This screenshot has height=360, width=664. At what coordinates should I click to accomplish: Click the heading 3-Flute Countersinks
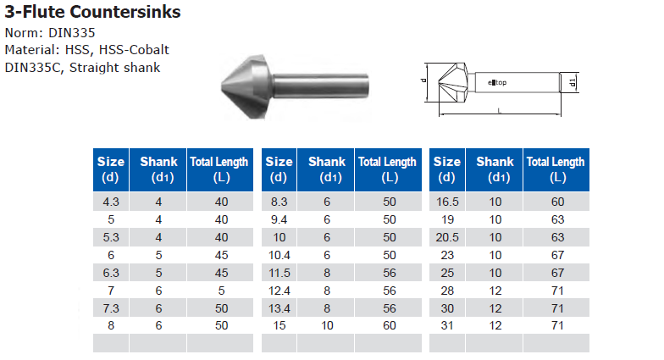[x=92, y=12]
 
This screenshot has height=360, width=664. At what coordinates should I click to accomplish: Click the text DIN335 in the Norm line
[x=72, y=33]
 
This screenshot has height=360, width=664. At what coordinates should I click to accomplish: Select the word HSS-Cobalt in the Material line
[x=134, y=50]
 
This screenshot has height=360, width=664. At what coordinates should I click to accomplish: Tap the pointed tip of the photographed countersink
[x=222, y=87]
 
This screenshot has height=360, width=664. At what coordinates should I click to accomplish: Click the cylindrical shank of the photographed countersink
[x=321, y=86]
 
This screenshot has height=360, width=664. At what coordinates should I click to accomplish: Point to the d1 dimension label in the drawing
[x=573, y=82]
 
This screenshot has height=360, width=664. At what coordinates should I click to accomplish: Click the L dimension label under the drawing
[x=500, y=110]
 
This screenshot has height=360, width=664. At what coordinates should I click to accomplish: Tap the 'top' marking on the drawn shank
[x=501, y=83]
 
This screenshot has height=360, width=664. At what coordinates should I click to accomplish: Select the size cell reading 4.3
[x=111, y=202]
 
